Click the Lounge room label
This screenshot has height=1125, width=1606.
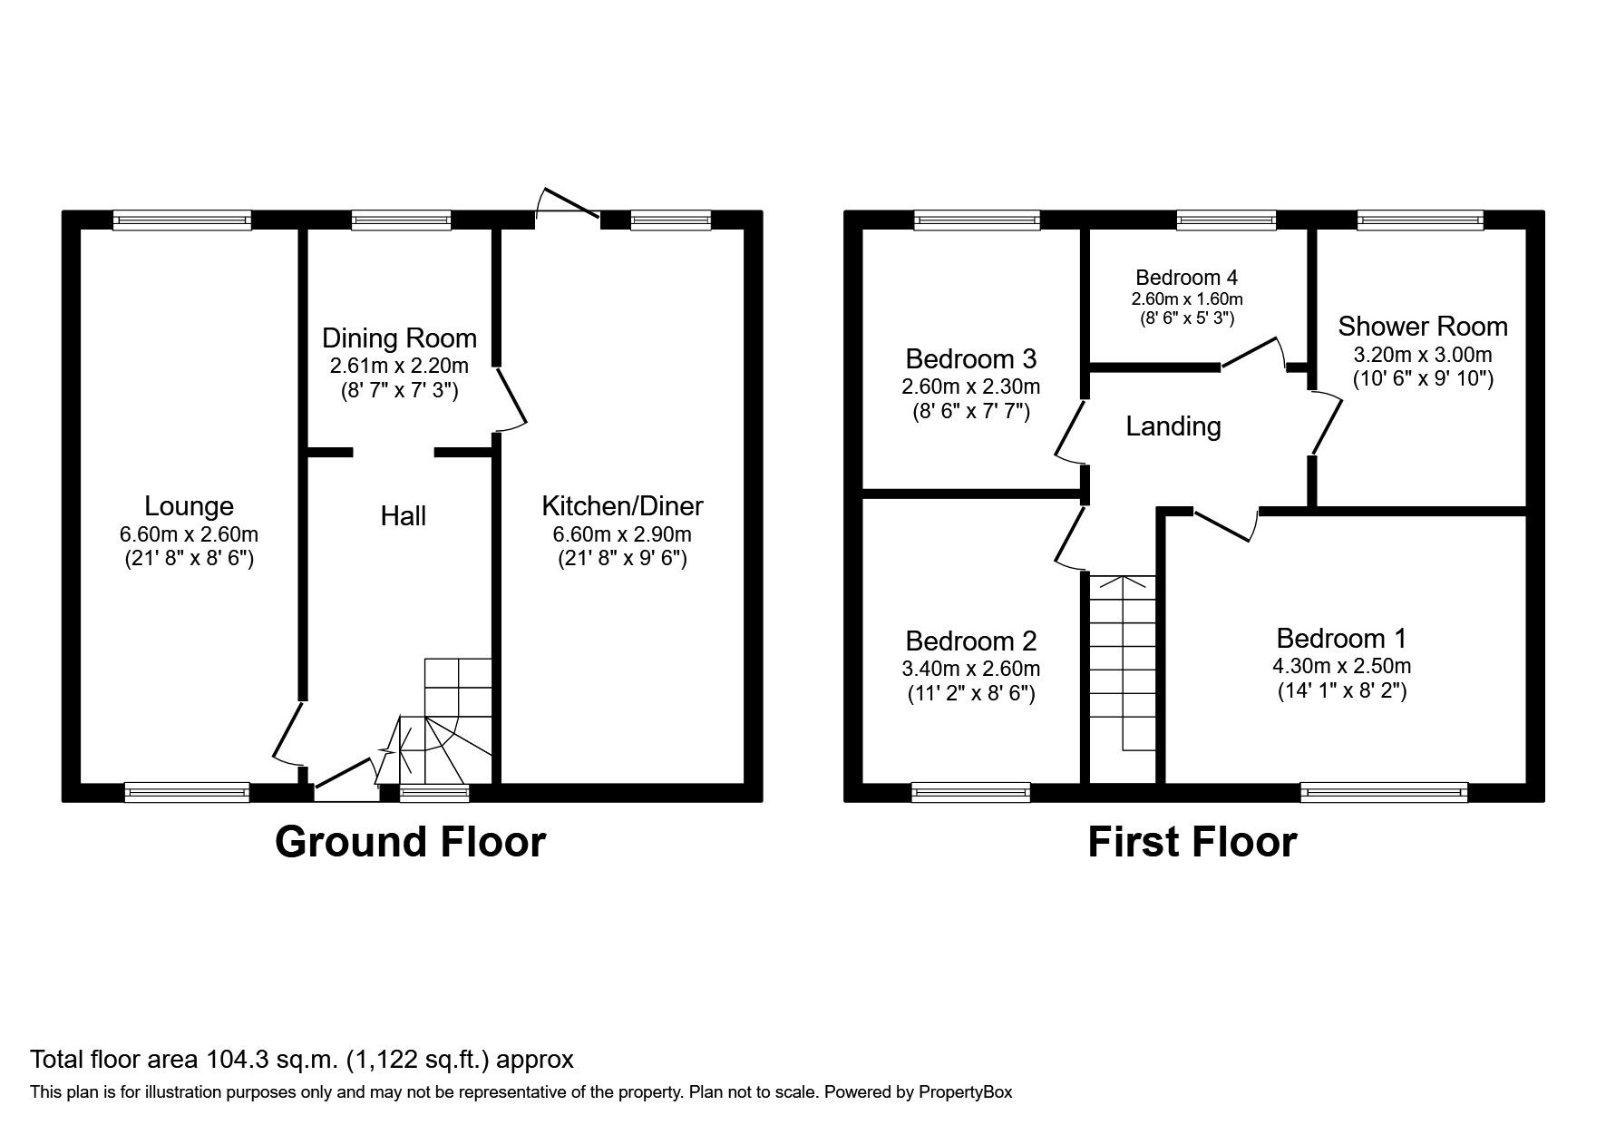pyautogui.click(x=189, y=506)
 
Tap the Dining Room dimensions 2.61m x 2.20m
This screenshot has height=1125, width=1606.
pyautogui.click(x=399, y=366)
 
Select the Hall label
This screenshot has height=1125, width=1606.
pyautogui.click(x=403, y=516)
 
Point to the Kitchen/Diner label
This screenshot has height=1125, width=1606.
pyautogui.click(x=622, y=506)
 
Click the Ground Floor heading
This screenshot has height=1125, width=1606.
pyautogui.click(x=410, y=842)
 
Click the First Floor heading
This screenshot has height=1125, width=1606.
pyautogui.click(x=1192, y=842)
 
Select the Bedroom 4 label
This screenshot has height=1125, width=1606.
pyautogui.click(x=1186, y=278)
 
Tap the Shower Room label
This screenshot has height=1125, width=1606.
pyautogui.click(x=1422, y=327)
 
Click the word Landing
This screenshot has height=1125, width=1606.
pyautogui.click(x=1173, y=426)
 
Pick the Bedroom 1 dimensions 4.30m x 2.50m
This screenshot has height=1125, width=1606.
pyautogui.click(x=1341, y=666)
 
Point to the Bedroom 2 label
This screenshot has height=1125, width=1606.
pyautogui.click(x=970, y=641)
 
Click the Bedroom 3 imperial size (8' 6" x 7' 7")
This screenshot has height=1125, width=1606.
pyautogui.click(x=970, y=412)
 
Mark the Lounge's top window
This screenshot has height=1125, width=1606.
pyautogui.click(x=181, y=220)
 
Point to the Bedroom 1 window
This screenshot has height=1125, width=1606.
pyautogui.click(x=1383, y=793)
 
